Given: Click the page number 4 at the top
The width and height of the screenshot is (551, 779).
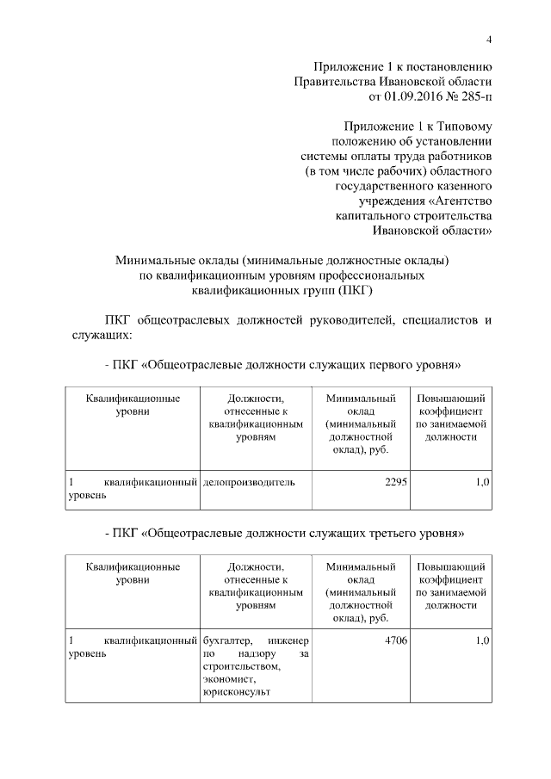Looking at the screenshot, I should pyautogui.click(x=488, y=40).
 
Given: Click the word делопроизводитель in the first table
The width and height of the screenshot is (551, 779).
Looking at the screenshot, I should pyautogui.click(x=249, y=482).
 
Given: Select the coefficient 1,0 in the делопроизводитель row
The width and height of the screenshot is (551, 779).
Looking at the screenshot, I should pyautogui.click(x=482, y=482).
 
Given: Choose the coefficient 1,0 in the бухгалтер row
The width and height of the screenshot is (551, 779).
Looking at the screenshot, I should pyautogui.click(x=482, y=640).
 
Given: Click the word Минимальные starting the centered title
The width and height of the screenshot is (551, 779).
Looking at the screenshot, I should pyautogui.click(x=155, y=259).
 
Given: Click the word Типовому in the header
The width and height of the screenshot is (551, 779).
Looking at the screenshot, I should pyautogui.click(x=463, y=125).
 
